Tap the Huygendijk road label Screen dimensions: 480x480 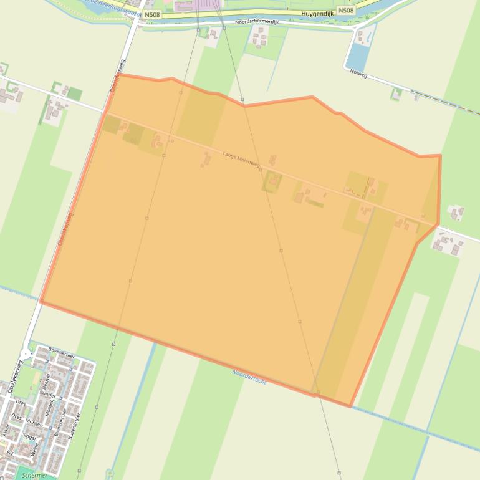click(x=317, y=12)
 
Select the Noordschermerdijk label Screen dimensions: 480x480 click(x=256, y=22)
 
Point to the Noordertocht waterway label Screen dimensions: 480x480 click(x=249, y=377)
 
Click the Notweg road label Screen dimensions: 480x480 click(x=358, y=74)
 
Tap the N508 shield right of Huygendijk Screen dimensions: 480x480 click(x=346, y=11)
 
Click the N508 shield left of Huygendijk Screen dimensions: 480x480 click(x=151, y=14)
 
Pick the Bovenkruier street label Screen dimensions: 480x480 click(x=61, y=351)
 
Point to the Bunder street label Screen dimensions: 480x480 click(x=48, y=395)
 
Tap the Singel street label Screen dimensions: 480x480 click(x=30, y=437)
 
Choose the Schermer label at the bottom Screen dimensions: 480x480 click(x=34, y=475)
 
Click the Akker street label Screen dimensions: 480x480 click(x=6, y=429)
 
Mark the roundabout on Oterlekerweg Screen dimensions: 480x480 click(x=26, y=353)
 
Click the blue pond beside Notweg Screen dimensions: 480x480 click(x=358, y=56)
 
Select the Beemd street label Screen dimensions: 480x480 click(x=46, y=380)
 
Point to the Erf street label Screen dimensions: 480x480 click(x=9, y=453)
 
